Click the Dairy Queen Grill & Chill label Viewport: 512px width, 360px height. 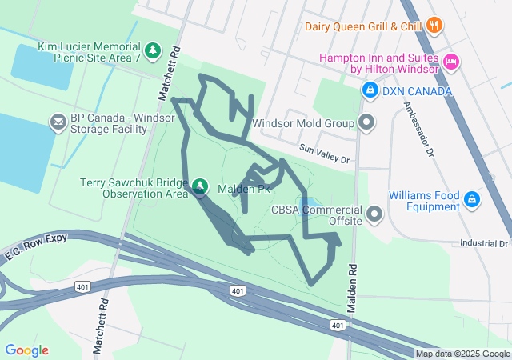coord(362,26)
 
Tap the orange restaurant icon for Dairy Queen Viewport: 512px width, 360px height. coord(435,26)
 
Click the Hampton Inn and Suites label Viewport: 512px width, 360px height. coord(379,63)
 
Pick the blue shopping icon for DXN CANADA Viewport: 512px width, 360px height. coord(370,91)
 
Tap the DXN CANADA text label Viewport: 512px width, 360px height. coord(417,91)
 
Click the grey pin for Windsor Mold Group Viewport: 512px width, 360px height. coord(366,123)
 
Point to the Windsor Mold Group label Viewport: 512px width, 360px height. coord(302,124)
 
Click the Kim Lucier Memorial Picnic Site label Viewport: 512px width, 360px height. coord(88,52)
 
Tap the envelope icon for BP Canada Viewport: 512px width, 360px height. coord(58,122)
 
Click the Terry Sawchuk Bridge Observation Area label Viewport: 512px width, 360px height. coord(134,187)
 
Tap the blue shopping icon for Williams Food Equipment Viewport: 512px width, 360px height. coord(472,199)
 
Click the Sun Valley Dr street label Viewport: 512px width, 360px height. coord(325,154)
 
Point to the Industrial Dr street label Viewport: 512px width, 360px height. coord(484,242)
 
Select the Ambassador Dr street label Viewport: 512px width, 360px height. coord(418,128)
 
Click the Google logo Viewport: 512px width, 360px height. coord(27,350)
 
